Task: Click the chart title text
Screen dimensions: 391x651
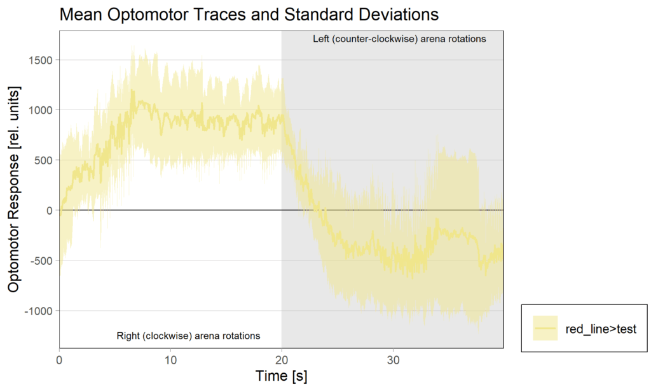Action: coord(249,14)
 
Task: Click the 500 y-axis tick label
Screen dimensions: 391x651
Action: coord(43,160)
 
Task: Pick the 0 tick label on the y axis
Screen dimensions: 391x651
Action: coord(49,210)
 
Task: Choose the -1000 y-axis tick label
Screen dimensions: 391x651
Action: coord(38,311)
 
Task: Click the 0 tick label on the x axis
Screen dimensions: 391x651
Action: coord(59,359)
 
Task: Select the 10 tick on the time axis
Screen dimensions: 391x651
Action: coord(170,359)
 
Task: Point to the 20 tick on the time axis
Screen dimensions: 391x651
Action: coord(282,359)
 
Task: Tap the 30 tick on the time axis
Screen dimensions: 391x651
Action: coord(393,359)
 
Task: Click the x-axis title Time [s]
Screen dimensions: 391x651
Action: coord(281,376)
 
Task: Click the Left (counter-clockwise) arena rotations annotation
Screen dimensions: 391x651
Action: coord(399,39)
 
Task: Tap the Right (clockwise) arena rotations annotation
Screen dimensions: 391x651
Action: coord(189,336)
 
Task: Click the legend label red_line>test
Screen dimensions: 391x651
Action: coord(601,329)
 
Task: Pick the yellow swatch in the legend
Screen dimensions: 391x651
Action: coord(545,329)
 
